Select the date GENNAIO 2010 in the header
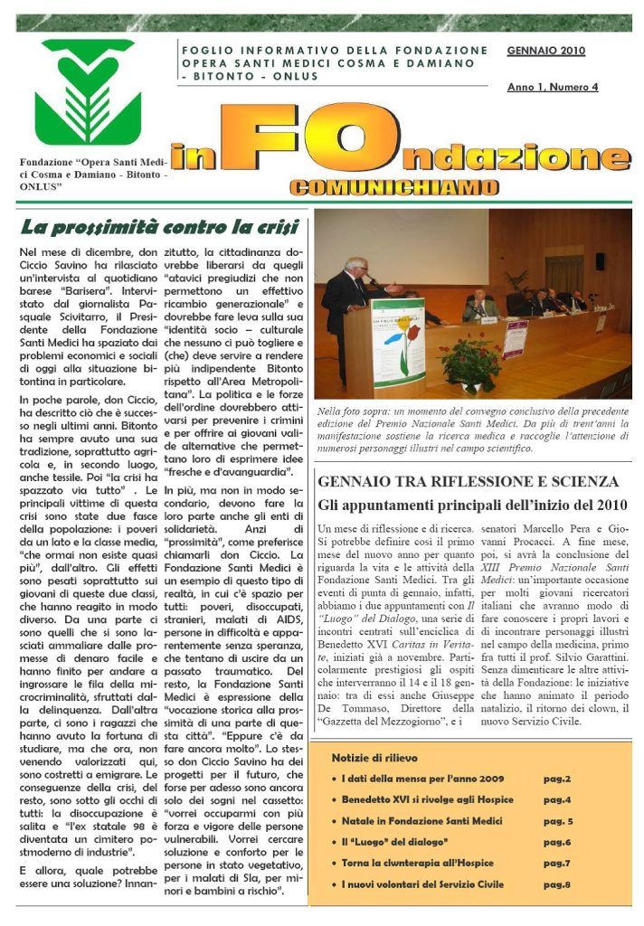546,51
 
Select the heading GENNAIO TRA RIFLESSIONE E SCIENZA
468,483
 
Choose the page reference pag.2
556,779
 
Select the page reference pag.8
556,884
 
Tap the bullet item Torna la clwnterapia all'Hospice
423,864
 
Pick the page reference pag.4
556,800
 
